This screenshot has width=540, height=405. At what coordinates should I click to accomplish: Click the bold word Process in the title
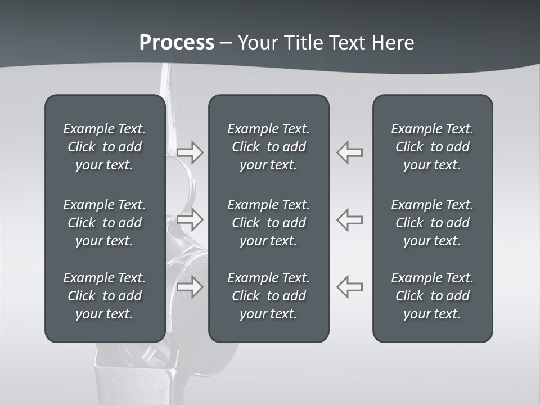(x=177, y=43)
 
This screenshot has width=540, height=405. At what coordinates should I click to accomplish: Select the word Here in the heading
(x=392, y=43)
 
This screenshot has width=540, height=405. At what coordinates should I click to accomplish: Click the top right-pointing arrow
(x=190, y=152)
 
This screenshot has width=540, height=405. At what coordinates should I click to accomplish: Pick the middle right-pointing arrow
(x=190, y=219)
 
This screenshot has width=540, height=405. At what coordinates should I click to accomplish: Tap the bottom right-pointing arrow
(x=190, y=287)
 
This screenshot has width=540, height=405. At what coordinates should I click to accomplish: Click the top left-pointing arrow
(x=350, y=152)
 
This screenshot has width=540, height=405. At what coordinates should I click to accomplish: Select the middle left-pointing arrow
(x=350, y=219)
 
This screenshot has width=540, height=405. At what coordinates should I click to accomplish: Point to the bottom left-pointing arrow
(x=350, y=287)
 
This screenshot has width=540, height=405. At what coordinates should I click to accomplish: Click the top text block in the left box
(x=105, y=147)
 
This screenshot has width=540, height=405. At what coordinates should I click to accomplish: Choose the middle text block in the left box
(x=105, y=223)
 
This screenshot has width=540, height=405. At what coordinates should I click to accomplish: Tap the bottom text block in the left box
(x=105, y=296)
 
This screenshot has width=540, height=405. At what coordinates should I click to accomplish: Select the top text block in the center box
(x=268, y=147)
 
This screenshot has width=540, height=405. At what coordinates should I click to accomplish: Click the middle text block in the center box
(x=268, y=223)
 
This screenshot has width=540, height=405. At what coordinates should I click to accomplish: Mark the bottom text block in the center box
(x=268, y=296)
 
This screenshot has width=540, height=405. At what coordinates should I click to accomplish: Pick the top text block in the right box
(x=432, y=147)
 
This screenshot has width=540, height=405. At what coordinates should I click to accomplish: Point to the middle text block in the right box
(x=432, y=223)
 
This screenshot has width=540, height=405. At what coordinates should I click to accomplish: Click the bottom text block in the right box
(x=432, y=296)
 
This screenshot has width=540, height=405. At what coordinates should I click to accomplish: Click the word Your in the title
(x=258, y=43)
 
